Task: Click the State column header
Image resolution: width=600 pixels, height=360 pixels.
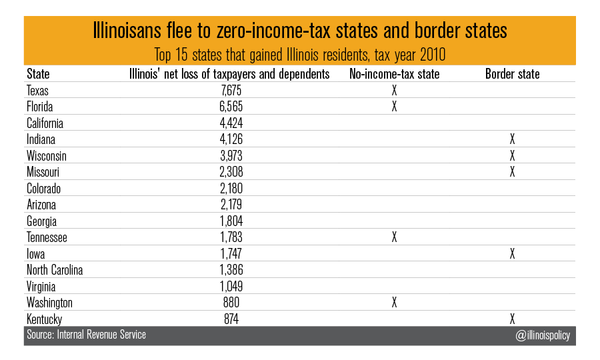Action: (38, 74)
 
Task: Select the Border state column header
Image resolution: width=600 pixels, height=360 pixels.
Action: (513, 74)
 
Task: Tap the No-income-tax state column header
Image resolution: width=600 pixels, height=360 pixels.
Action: (394, 74)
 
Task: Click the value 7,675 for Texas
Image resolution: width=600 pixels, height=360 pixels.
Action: (231, 90)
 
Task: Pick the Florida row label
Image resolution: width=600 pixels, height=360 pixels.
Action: (39, 107)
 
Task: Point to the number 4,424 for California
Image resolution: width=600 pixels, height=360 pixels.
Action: (231, 123)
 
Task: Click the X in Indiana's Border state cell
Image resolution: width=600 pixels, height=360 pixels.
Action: (513, 139)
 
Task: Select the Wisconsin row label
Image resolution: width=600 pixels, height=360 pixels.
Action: (46, 156)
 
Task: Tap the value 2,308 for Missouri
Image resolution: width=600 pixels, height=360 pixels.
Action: (231, 172)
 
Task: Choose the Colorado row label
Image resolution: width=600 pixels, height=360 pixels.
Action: (43, 188)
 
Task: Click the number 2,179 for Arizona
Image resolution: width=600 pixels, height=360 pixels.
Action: (231, 205)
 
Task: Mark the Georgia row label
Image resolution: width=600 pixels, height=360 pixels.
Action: (41, 221)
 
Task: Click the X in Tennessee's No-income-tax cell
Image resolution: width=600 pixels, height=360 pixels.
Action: (394, 237)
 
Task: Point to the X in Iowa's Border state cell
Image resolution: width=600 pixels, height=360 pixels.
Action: (513, 253)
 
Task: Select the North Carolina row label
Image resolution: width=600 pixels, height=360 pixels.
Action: (55, 270)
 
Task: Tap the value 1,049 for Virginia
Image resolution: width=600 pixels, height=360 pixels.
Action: (231, 286)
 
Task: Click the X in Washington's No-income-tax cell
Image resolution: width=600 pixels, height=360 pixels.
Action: (394, 303)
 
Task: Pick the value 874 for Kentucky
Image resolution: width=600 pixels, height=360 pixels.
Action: (231, 319)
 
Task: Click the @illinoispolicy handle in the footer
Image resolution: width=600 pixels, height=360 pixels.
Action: (543, 335)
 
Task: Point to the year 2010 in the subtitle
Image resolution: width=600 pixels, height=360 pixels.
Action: (433, 55)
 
